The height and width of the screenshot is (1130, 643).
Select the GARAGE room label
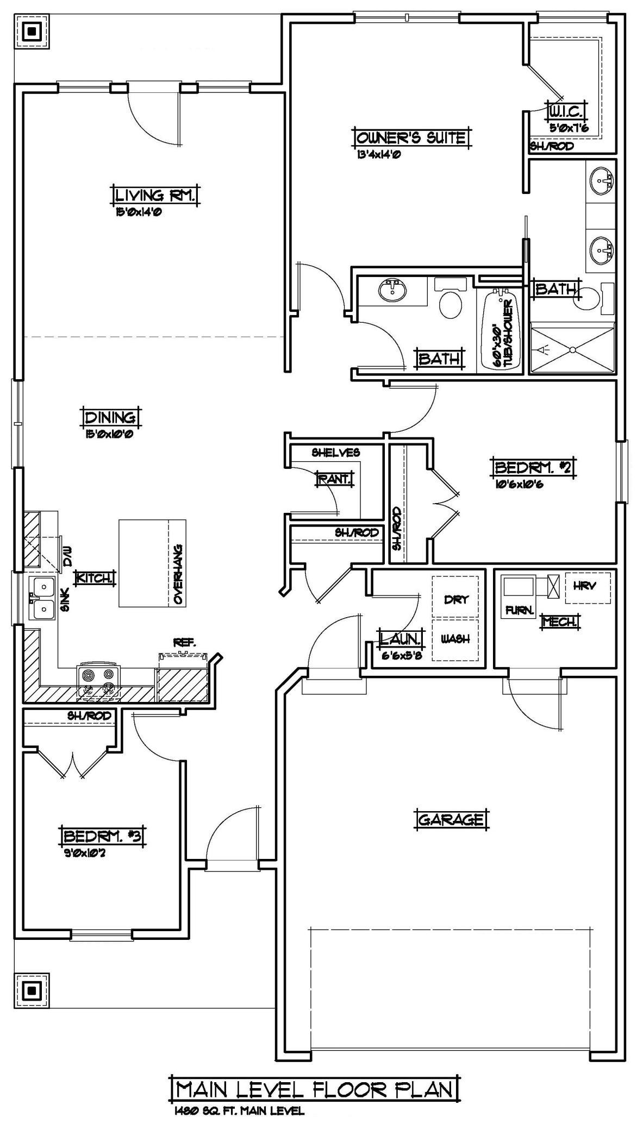pyautogui.click(x=451, y=819)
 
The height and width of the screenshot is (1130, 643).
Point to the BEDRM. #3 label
pyautogui.click(x=103, y=836)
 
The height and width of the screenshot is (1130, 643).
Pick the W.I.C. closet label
pyautogui.click(x=567, y=111)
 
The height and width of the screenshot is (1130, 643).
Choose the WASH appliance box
pyautogui.click(x=455, y=639)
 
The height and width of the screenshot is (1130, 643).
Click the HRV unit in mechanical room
pyautogui.click(x=588, y=587)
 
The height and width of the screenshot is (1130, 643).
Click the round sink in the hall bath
pyautogui.click(x=392, y=291)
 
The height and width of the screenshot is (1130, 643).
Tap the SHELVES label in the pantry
pyautogui.click(x=336, y=453)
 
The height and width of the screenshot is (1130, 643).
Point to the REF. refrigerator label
pyautogui.click(x=185, y=643)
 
